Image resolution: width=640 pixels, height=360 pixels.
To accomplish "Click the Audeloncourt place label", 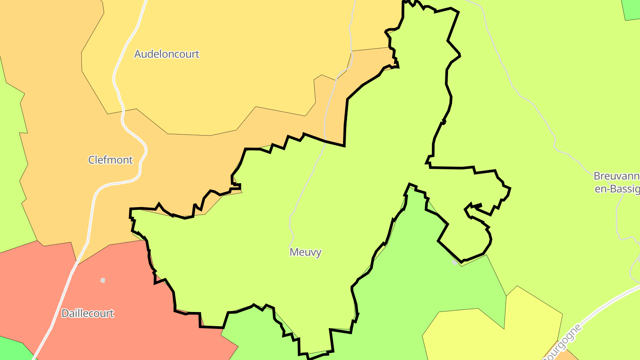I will pyautogui.click(x=167, y=54).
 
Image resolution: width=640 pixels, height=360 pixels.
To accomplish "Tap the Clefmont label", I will pyautogui.click(x=110, y=160).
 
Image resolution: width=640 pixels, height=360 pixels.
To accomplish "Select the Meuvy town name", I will pyautogui.click(x=305, y=252).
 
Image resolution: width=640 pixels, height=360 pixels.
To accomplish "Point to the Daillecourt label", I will pyautogui.click(x=88, y=313).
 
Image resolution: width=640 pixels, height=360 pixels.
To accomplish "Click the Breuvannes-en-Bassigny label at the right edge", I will pyautogui.click(x=616, y=182).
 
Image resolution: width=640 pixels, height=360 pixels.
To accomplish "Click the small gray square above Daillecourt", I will pyautogui.click(x=103, y=280).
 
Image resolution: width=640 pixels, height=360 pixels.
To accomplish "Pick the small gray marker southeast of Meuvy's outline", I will pyautogui.click(x=454, y=263).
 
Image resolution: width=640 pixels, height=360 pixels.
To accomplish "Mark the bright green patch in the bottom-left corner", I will pyautogui.click(x=11, y=349).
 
